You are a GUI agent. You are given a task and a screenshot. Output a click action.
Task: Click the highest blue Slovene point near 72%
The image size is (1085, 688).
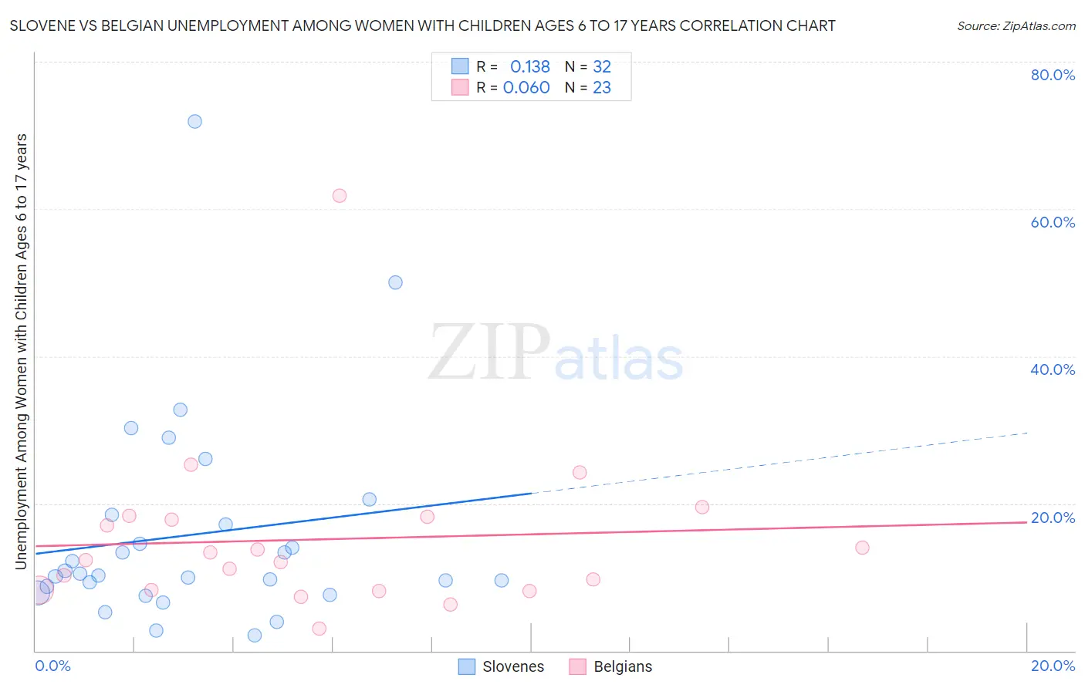point(194,121)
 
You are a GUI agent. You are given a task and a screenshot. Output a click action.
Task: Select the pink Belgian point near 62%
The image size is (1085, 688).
point(340,196)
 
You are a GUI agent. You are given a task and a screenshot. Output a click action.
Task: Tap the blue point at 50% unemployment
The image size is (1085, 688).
point(395,282)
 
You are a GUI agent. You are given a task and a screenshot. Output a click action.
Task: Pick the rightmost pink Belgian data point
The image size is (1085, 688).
point(862,548)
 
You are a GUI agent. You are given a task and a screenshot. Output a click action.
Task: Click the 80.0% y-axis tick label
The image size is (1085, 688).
point(1053,75)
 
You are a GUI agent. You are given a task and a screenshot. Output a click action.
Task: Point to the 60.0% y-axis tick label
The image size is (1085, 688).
point(1053,222)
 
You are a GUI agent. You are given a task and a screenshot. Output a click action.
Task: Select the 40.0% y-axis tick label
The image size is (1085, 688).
point(1053,369)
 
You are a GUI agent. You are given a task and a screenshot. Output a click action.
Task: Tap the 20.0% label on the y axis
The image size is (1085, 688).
point(1053,518)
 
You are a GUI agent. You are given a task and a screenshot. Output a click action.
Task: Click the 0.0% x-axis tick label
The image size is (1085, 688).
point(53,666)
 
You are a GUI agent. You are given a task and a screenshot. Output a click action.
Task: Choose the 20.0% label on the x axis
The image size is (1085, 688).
point(1053,666)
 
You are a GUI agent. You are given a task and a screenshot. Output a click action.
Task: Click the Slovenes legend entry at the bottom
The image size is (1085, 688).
point(502,666)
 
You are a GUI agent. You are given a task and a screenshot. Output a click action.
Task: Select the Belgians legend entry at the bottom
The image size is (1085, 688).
point(611,666)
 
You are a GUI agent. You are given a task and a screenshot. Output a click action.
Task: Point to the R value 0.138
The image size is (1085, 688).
point(530,67)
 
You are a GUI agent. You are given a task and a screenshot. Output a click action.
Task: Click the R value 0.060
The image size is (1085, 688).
point(526,88)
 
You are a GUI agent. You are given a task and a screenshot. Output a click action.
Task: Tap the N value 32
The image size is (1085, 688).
point(602,67)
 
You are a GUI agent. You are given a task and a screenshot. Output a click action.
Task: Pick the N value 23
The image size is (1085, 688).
point(602,88)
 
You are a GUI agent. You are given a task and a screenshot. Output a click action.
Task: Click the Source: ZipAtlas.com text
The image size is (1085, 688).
point(1016,26)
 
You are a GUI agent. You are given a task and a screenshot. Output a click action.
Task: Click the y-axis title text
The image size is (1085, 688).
point(22,351)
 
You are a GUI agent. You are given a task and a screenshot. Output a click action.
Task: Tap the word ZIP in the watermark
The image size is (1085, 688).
point(489,353)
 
